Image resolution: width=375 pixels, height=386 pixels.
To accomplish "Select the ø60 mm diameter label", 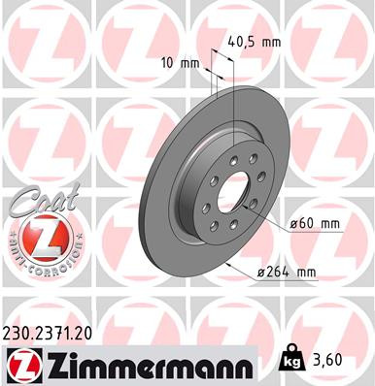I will coord(315,224).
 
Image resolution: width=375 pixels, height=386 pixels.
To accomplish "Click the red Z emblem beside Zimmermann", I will coord(26,362).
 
